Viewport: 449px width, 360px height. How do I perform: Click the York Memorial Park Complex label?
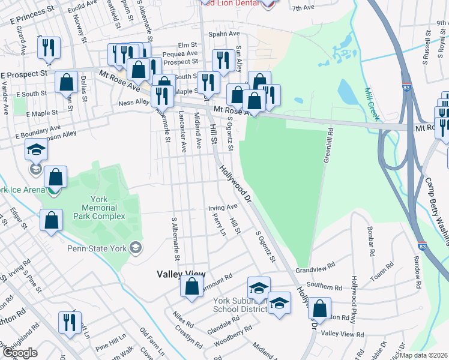[x=99, y=208]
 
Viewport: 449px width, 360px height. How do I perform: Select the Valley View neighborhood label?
[x=181, y=274]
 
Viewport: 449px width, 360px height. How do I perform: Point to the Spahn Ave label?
[x=224, y=34]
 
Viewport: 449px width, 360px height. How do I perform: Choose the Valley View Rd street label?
[x=343, y=334]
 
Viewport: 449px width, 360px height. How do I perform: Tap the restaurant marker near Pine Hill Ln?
[x=70, y=323]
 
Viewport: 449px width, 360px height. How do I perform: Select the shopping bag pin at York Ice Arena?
[x=55, y=177]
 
